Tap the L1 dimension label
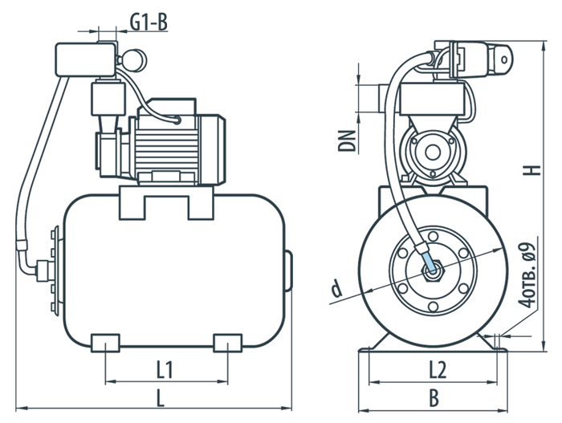click(x=165, y=370)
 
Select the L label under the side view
click(x=161, y=397)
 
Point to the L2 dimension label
click(x=437, y=370)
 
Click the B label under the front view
click(x=434, y=397)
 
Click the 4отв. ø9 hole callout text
click(x=527, y=276)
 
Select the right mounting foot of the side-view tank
click(x=227, y=343)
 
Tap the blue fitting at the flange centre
click(x=433, y=262)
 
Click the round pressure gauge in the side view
click(x=133, y=58)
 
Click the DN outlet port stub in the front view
click(x=377, y=95)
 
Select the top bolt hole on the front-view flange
click(x=434, y=233)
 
